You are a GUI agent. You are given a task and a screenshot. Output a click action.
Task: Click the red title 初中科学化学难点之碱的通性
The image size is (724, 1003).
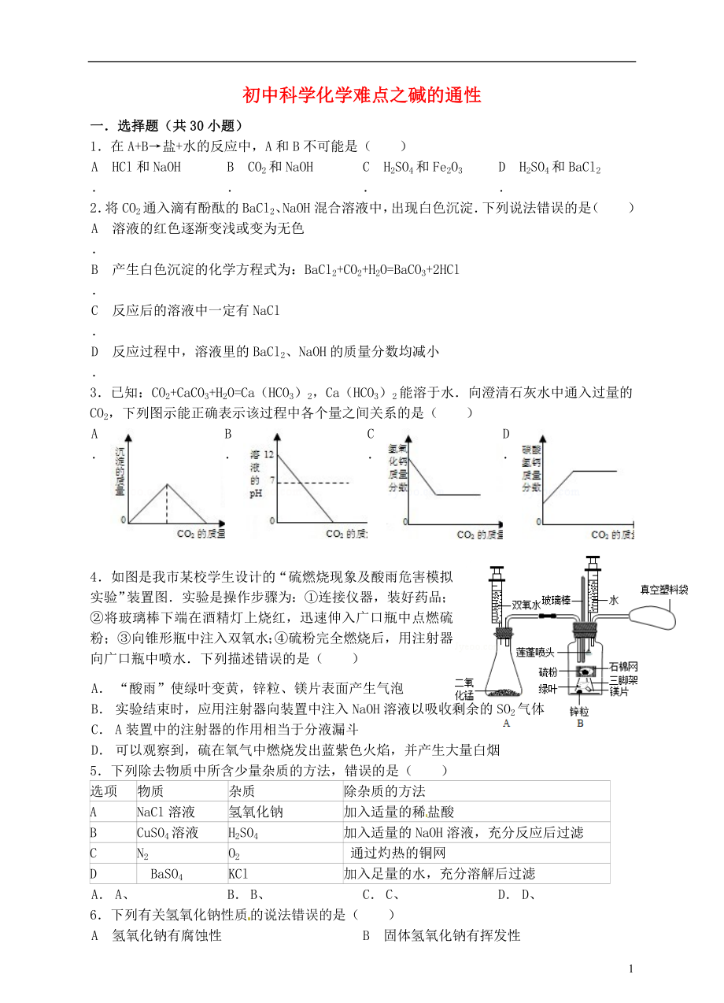tap(361, 96)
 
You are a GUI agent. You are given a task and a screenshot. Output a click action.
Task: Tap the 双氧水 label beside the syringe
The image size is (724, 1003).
tap(524, 605)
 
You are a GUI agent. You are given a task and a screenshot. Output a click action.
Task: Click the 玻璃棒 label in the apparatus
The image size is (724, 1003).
tap(556, 600)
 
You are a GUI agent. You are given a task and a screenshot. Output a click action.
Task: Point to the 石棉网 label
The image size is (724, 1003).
tap(622, 668)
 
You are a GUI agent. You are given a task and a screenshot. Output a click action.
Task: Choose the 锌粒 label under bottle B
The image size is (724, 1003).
tap(579, 710)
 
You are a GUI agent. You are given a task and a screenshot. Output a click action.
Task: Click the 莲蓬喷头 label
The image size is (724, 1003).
tap(536, 652)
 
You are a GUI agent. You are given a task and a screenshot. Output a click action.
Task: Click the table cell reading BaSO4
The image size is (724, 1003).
tap(166, 873)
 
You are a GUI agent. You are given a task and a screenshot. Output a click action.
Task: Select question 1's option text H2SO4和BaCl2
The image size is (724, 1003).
tap(560, 167)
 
